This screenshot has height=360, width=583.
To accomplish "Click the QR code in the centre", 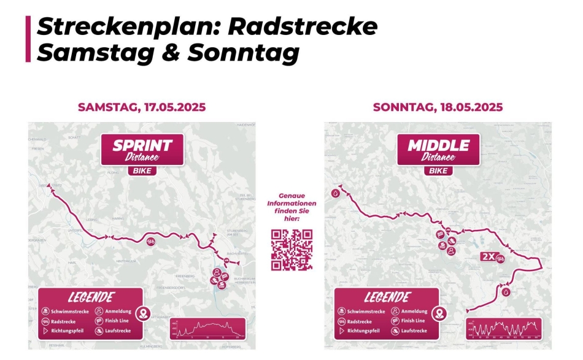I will [x=292, y=250].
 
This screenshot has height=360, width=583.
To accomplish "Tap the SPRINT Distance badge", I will [x=142, y=149].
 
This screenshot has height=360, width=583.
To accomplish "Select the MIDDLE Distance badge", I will [x=438, y=149].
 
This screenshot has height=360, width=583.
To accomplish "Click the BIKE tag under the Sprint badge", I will [x=142, y=171].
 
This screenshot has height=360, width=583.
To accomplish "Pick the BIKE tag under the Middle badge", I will [x=438, y=171].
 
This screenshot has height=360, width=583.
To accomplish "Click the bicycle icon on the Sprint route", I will [x=151, y=242].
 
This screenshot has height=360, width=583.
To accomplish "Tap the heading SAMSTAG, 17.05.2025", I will [x=142, y=107].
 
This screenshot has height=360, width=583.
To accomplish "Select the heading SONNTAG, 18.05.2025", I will [x=438, y=107].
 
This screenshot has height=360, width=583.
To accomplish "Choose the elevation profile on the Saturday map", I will [x=207, y=328].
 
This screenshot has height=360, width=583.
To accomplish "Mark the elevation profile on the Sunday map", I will [x=504, y=328].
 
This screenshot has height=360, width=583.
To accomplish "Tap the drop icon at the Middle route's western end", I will [x=335, y=193].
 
